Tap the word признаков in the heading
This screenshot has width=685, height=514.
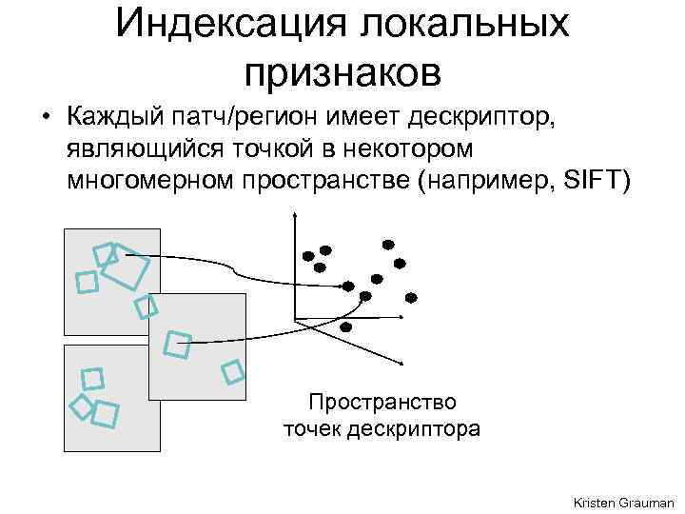point(342,69)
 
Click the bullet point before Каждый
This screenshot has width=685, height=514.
point(45,118)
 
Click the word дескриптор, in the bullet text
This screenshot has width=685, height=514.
point(488,118)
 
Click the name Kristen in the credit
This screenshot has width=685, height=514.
point(596,501)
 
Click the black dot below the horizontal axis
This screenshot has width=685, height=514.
point(345,326)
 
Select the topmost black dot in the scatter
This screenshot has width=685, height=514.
point(386,244)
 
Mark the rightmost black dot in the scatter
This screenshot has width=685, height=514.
point(410,293)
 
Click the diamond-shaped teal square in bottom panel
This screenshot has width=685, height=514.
point(83,405)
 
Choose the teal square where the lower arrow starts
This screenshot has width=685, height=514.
point(177,345)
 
